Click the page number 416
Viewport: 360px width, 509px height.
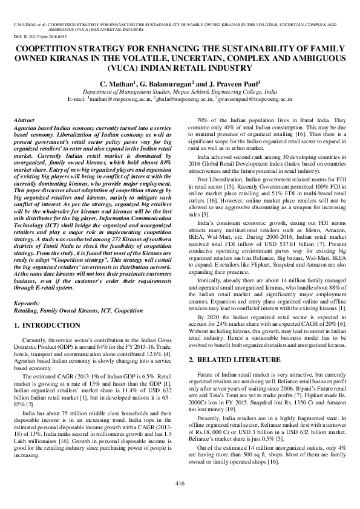click(180, 482)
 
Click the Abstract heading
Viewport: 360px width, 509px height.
click(24, 121)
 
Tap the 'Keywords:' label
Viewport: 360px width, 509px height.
click(27, 302)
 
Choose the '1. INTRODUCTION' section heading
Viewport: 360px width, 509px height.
click(45, 326)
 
